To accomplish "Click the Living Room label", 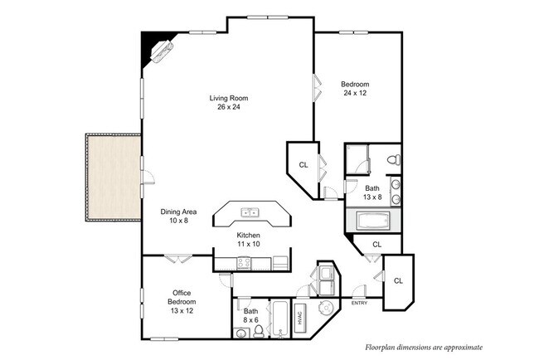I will click(227, 98).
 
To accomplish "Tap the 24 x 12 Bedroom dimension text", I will click(355, 93).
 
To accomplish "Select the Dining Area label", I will click(178, 212).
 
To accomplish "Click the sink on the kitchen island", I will click(250, 213).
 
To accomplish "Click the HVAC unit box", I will click(300, 316).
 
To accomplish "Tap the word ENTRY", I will click(359, 302).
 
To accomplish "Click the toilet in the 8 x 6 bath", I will click(259, 331).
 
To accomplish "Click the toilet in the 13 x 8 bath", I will click(394, 159).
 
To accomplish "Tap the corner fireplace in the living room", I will click(159, 51).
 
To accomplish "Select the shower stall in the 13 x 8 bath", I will click(358, 158).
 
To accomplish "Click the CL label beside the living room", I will click(303, 165).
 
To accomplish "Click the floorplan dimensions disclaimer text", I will click(423, 348).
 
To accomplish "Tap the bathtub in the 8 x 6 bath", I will click(279, 319).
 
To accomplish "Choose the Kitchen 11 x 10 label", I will click(249, 240).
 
